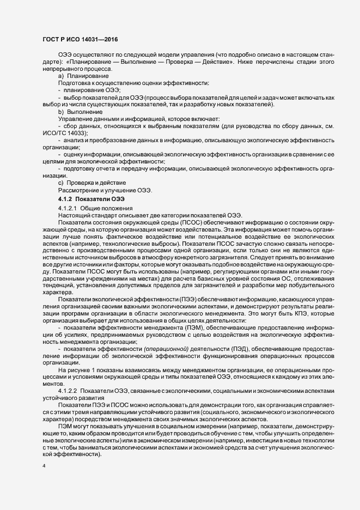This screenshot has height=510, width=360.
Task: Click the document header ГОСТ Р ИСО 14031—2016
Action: pos(80,39)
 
